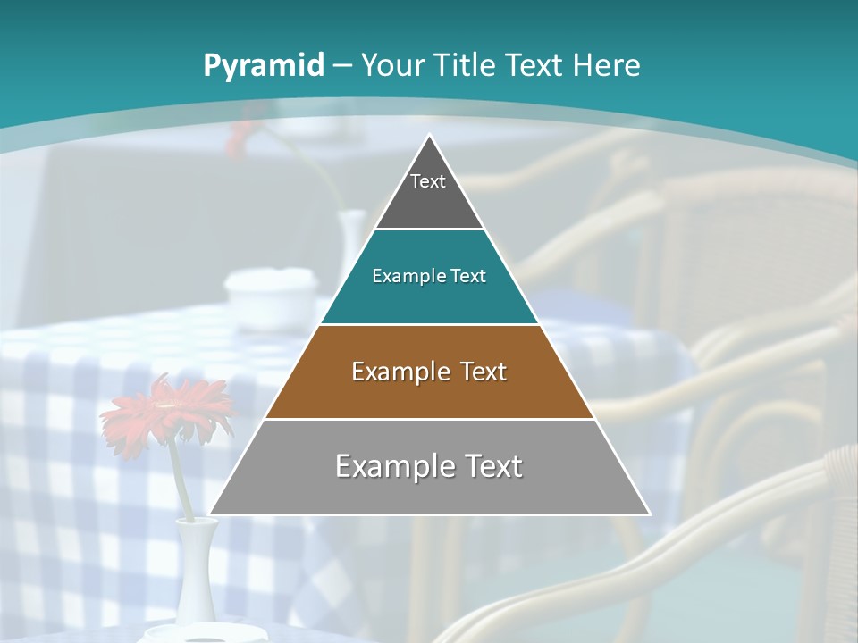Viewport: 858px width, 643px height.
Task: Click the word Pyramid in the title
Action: click(263, 65)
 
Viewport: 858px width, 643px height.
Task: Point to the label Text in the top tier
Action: click(428, 181)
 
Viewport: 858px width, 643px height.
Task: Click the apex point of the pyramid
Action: click(430, 136)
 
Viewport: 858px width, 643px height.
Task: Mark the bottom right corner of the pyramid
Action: click(649, 514)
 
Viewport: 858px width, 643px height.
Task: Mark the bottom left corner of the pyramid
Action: click(211, 514)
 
